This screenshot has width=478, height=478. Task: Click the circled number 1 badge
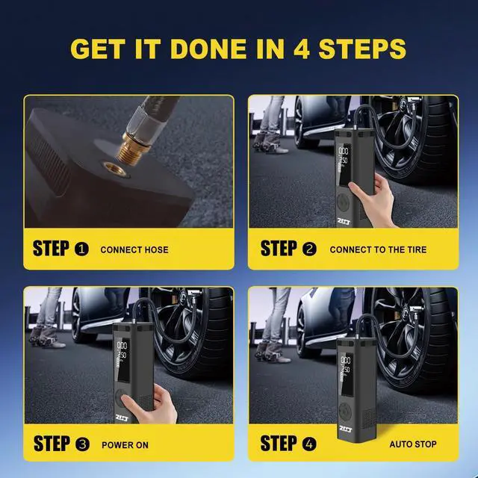click(x=82, y=249)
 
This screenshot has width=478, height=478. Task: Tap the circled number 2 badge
click(x=310, y=249)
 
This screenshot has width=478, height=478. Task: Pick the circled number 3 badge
click(x=82, y=444)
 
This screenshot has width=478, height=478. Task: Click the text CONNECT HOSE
click(x=134, y=250)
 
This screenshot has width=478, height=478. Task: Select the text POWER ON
click(x=125, y=445)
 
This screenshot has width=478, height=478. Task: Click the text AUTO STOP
click(x=413, y=445)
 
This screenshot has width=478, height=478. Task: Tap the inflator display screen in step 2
click(x=346, y=155)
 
